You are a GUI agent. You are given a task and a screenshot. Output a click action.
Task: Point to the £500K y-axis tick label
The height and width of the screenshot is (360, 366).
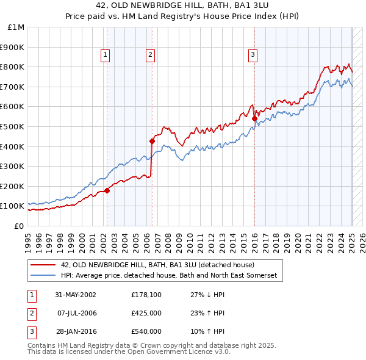point(13,126)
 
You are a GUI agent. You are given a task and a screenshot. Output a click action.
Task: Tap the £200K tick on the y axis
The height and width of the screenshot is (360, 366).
point(13,186)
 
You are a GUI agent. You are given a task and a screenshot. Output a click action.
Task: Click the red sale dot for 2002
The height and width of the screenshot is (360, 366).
point(107,190)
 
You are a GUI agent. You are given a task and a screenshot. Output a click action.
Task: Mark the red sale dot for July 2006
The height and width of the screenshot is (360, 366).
point(152,142)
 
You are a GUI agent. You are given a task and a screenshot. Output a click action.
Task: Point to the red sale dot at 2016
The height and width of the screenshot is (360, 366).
point(254,118)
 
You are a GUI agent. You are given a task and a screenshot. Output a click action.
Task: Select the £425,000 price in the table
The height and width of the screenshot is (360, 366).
point(146,313)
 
